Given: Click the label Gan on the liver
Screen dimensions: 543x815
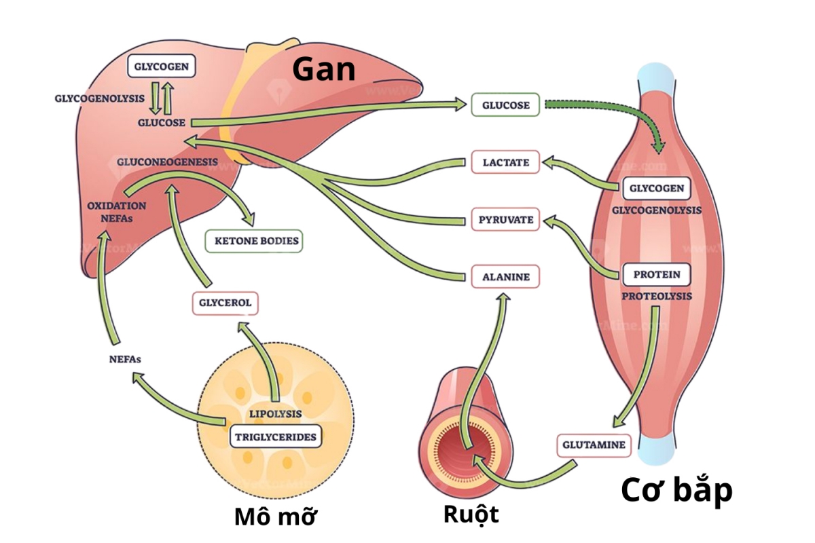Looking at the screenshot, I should pyautogui.click(x=324, y=69).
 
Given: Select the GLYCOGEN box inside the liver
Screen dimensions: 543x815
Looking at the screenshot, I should pyautogui.click(x=162, y=67).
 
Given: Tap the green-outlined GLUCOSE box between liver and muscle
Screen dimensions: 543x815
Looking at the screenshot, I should pyautogui.click(x=505, y=105).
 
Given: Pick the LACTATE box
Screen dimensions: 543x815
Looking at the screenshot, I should pyautogui.click(x=505, y=162).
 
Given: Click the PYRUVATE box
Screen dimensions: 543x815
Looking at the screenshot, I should pyautogui.click(x=505, y=220).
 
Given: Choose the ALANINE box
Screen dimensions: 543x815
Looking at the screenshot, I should pyautogui.click(x=505, y=277).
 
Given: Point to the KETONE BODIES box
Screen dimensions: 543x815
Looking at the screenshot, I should pyautogui.click(x=253, y=241).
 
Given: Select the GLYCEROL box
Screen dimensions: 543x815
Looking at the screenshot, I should pyautogui.click(x=225, y=303).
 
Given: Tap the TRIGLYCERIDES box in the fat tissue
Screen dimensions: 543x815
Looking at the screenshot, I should pyautogui.click(x=275, y=436).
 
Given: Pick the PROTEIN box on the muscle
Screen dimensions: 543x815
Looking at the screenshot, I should pyautogui.click(x=657, y=275).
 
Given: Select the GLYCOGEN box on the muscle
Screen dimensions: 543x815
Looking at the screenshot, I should pyautogui.click(x=656, y=188).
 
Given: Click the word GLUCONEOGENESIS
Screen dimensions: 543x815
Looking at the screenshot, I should pyautogui.click(x=167, y=162).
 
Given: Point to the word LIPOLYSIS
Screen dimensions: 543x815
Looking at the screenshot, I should pyautogui.click(x=275, y=413).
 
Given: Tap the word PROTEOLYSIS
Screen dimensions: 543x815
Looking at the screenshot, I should pyautogui.click(x=657, y=297).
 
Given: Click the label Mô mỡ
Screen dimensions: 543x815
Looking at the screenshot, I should pyautogui.click(x=276, y=516).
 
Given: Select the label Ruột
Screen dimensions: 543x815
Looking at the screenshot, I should pyautogui.click(x=471, y=514).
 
